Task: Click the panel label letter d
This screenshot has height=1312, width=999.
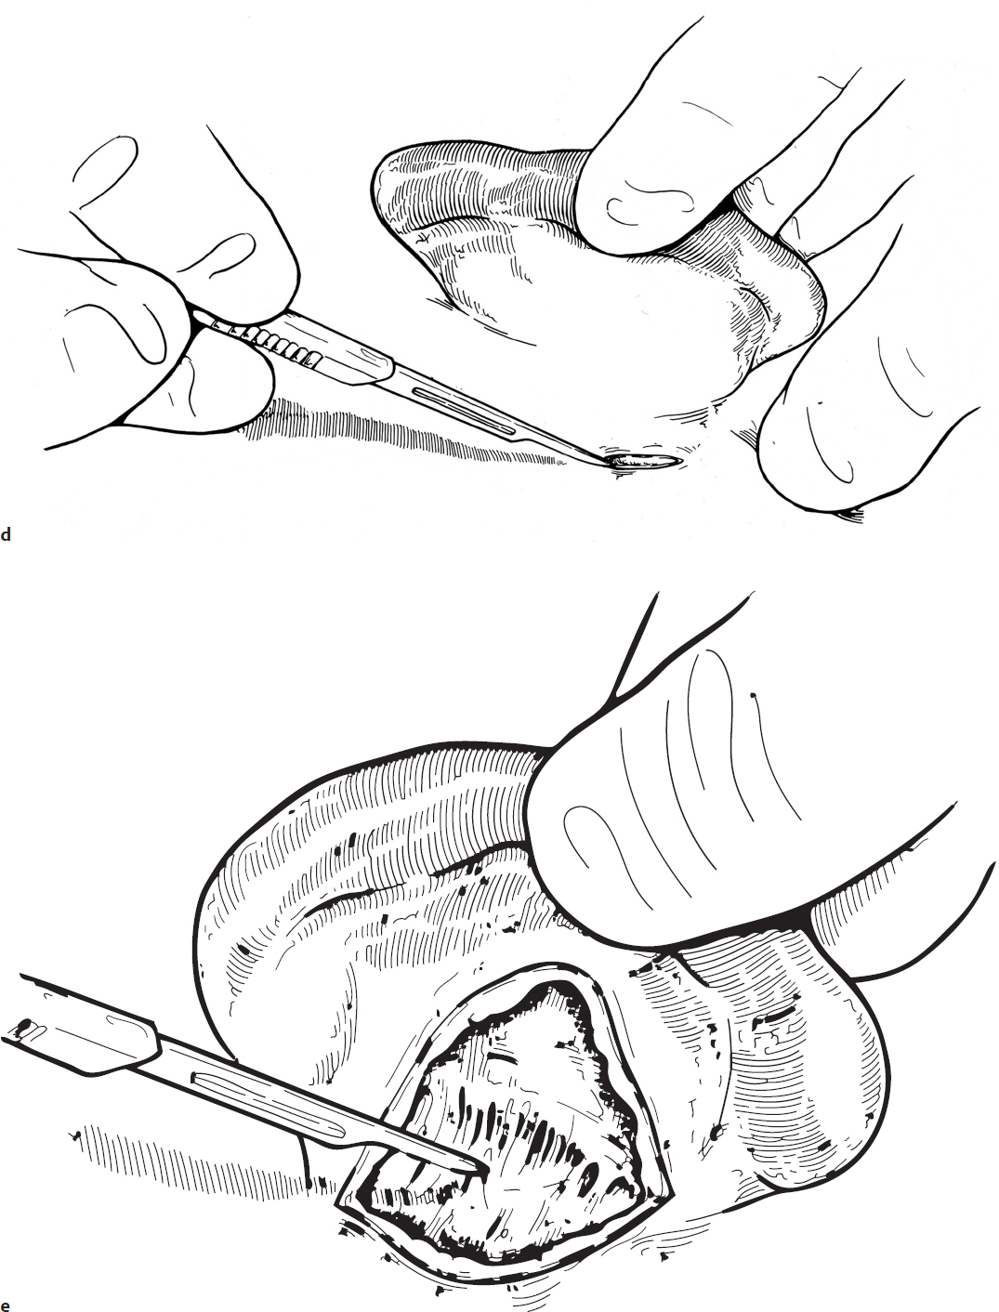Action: pyautogui.click(x=6, y=534)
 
